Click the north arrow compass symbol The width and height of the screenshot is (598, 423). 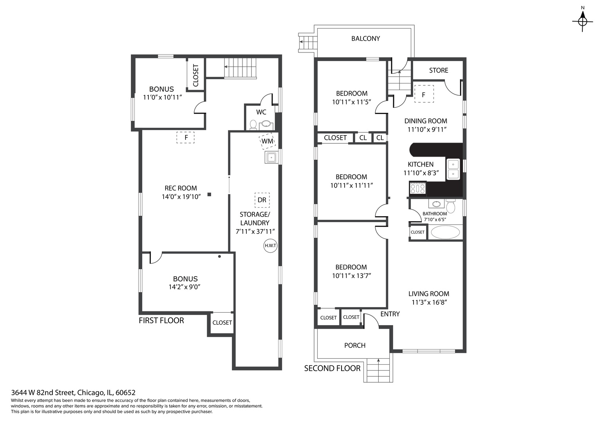pos(582,22)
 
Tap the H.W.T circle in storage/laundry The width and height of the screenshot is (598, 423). pos(270,246)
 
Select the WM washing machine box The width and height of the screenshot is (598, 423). pos(267,141)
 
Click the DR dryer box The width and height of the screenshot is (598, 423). pos(262,200)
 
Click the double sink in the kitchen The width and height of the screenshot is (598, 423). pos(453,169)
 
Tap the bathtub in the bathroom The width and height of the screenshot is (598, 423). pos(445,232)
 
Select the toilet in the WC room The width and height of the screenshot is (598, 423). pos(253,125)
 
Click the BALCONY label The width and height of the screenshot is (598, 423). pos(365,39)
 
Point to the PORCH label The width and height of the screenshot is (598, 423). pos(354,345)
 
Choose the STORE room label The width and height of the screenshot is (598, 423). pos(438,70)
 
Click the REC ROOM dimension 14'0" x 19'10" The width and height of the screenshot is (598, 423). pos(181,197)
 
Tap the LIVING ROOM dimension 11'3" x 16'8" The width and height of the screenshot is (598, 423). pos(429,302)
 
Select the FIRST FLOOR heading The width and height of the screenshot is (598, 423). pos(161,320)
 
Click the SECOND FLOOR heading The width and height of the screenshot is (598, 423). pos(332,369)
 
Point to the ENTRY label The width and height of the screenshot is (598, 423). pos(390,314)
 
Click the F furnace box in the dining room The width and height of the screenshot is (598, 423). pos(424,94)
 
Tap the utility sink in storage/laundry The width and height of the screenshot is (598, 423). pos(271,157)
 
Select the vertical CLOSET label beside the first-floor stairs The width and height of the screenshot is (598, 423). pos(196,75)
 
